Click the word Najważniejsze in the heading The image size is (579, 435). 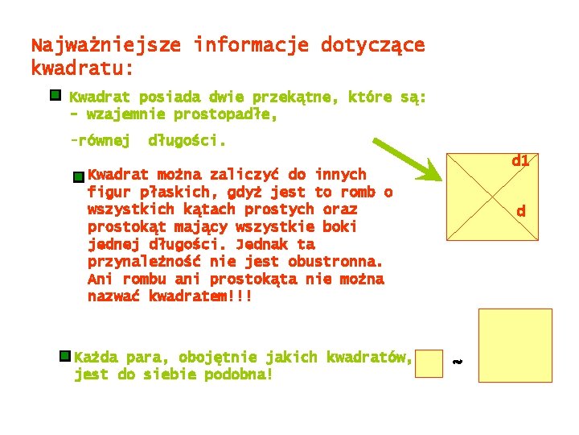point(105,45)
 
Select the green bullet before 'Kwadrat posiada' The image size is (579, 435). point(55,96)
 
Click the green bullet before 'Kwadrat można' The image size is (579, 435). point(78,176)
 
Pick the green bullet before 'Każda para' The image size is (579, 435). point(64,356)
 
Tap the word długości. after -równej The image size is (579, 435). point(187,142)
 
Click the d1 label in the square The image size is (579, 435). point(520,161)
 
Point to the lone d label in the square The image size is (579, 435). point(521,212)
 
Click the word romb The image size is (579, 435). point(359,192)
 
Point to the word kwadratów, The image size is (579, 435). point(372,357)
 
